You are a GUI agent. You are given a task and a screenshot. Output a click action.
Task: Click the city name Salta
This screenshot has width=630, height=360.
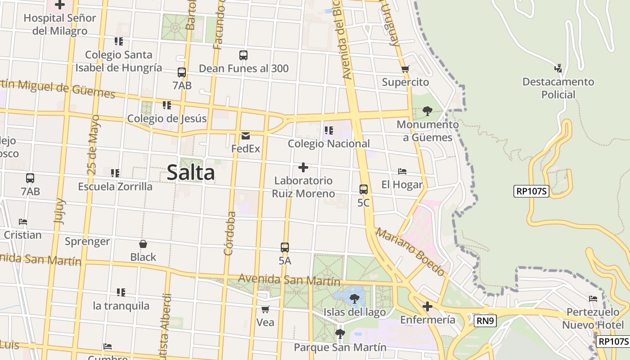point(191,173)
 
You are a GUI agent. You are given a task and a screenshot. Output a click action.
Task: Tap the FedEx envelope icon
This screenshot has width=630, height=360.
point(246,135)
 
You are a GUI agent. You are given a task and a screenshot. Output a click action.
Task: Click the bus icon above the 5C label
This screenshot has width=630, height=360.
point(364,189)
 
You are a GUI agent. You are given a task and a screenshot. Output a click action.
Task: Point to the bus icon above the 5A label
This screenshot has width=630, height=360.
point(285,247)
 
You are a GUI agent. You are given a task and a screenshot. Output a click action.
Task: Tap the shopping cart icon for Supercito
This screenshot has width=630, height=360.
point(405,69)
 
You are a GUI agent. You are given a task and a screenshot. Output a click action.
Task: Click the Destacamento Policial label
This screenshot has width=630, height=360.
point(558,88)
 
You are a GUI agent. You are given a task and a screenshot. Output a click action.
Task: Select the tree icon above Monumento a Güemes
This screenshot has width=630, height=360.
point(427,111)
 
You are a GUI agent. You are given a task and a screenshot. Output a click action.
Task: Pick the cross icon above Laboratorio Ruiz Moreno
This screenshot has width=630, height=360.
point(303,168)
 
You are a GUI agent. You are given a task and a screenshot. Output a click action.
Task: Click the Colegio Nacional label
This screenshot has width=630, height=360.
point(328,144)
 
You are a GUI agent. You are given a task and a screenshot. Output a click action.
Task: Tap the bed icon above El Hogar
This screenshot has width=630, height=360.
point(402,171)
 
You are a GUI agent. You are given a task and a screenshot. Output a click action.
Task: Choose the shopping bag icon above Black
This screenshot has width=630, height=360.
point(143,244)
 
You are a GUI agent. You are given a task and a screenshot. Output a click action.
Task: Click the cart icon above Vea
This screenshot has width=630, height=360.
point(265,309)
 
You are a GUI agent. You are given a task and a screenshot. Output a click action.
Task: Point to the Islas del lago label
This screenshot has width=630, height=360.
point(355,312)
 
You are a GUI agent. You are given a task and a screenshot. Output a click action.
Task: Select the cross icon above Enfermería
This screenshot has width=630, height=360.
point(427,307)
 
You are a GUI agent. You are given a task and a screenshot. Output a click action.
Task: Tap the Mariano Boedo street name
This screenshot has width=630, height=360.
point(410,252)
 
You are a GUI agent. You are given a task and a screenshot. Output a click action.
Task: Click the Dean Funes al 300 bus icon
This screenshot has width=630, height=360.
point(243,55)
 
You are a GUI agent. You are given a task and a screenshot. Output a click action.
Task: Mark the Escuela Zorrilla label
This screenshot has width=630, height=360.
point(115,186)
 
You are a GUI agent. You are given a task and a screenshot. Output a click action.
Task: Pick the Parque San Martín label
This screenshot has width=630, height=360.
point(340,347)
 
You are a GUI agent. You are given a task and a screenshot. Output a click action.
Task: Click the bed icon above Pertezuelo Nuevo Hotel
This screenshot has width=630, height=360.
point(593,299)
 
